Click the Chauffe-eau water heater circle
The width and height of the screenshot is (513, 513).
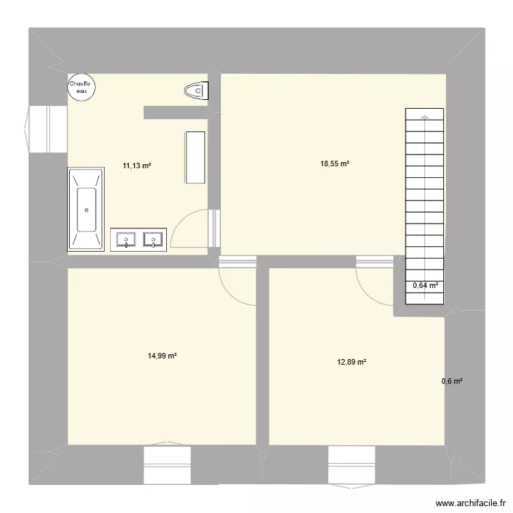[x=81, y=87]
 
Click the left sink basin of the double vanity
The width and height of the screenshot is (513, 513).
[x=127, y=239]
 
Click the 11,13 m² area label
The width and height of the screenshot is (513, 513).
[x=137, y=165]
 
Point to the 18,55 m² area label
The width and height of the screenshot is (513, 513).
[x=335, y=163]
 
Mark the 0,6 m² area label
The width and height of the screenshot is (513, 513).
[x=452, y=381]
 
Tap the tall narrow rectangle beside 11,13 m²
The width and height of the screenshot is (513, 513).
[x=194, y=157]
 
